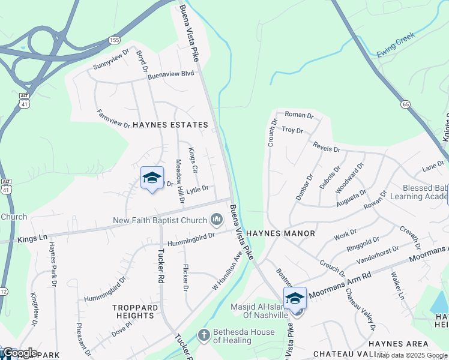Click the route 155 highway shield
pyautogui.click(x=114, y=40)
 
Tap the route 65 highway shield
pyautogui.click(x=406, y=104)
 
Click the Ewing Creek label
pyautogui.click(x=396, y=47)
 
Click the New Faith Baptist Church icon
pyautogui.click(x=216, y=221)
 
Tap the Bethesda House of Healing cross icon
pyautogui.click(x=204, y=334)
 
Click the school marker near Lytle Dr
pyautogui.click(x=152, y=178)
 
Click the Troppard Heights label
pyautogui.click(x=136, y=311)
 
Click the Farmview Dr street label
pyautogui.click(x=113, y=118)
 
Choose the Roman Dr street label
pyautogui.click(x=299, y=115)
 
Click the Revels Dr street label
pyautogui.click(x=327, y=147)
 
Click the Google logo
pyautogui.click(x=20, y=353)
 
